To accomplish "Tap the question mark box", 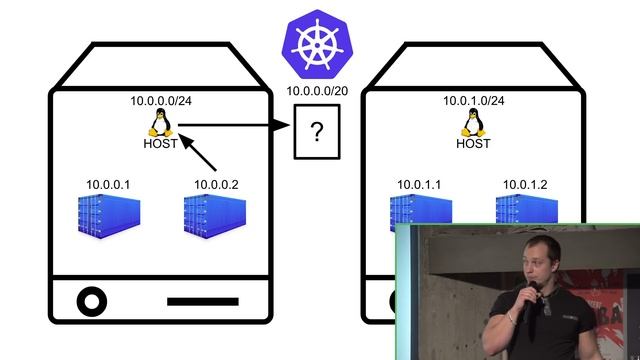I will (x=316, y=134).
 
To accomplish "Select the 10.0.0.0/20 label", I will (x=316, y=92).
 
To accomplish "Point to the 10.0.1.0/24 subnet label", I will (x=473, y=101).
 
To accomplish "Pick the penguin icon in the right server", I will (x=473, y=122).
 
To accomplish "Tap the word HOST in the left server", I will (x=160, y=143).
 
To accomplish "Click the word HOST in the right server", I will (x=473, y=143).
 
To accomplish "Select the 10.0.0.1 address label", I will (x=108, y=184).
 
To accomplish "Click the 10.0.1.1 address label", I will (x=419, y=184).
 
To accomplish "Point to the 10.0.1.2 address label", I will (x=525, y=184).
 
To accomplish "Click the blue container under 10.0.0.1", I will (x=109, y=217).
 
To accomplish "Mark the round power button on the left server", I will (x=91, y=300).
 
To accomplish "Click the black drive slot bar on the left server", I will (x=202, y=300).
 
